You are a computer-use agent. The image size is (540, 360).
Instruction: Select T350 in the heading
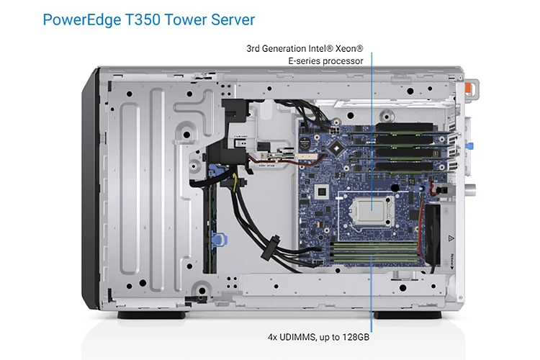145,19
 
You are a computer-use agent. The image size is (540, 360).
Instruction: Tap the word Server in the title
229,19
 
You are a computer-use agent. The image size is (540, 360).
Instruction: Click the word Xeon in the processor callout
347,49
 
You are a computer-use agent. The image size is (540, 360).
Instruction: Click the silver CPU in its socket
371,208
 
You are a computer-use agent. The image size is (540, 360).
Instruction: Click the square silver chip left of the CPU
323,191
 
